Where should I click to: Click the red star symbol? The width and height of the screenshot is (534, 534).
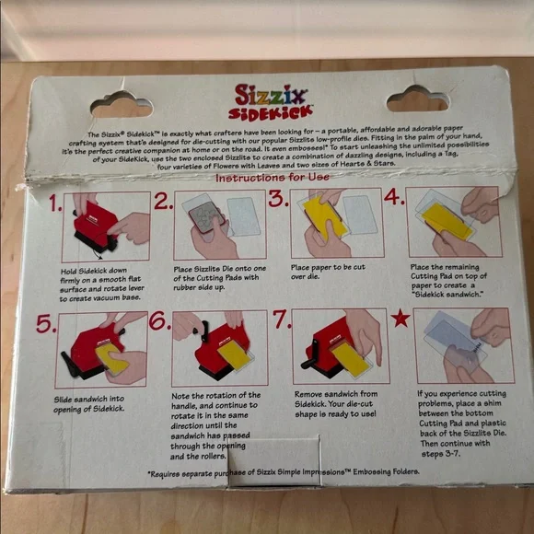pos(400,319)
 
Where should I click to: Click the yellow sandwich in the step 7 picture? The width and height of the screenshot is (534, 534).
pos(350,357)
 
